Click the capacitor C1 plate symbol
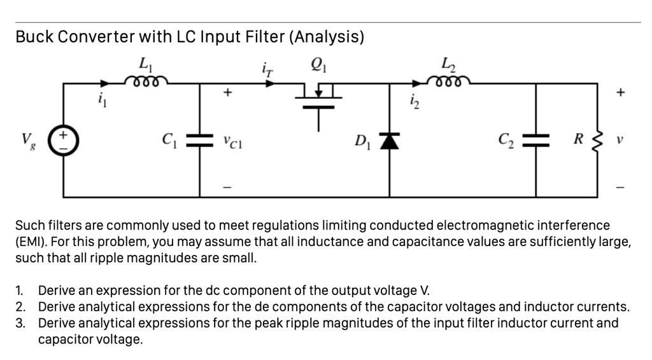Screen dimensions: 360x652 201,140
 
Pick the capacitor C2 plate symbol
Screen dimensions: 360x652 535,140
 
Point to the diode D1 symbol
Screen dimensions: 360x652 390,139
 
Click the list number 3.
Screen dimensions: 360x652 20,323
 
